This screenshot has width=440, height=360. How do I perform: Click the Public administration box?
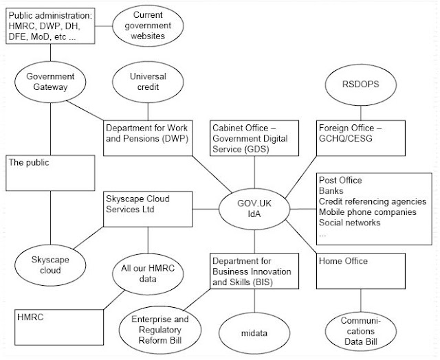[49, 26]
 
